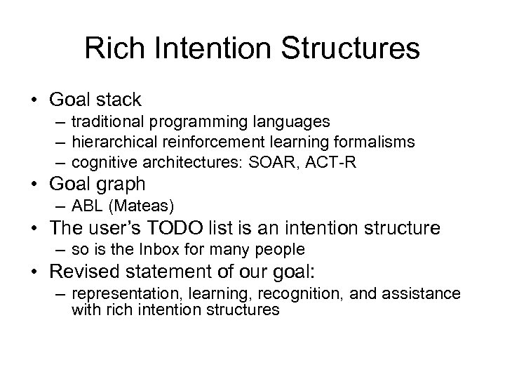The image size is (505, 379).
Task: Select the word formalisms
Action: pyautogui.click(x=377, y=142)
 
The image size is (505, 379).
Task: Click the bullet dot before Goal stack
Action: pyautogui.click(x=36, y=100)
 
